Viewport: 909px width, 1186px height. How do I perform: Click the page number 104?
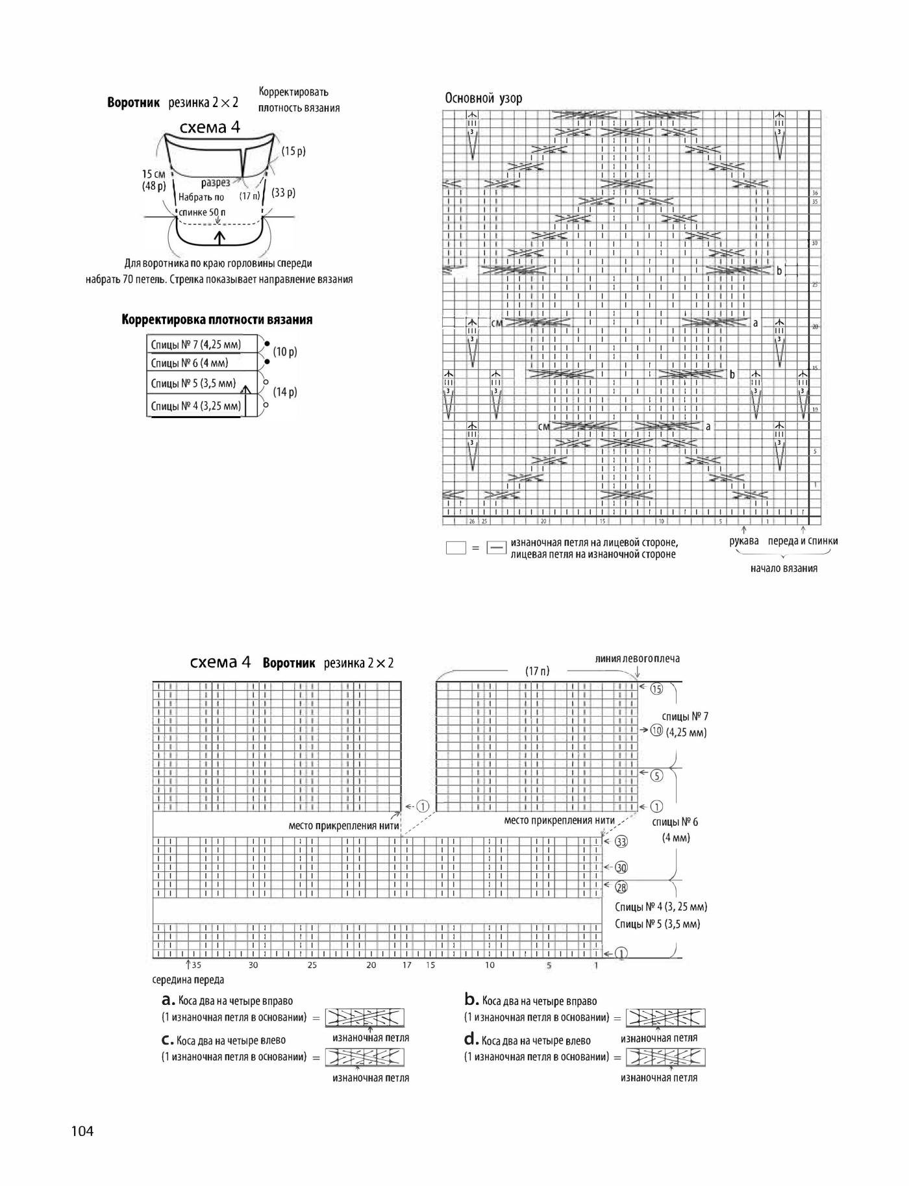[82, 1131]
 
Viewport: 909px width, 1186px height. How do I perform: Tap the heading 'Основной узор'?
[483, 99]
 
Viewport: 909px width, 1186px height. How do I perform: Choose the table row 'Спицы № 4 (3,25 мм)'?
[196, 406]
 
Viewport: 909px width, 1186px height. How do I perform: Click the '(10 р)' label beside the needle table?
[285, 352]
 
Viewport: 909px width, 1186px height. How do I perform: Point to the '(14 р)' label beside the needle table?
[285, 392]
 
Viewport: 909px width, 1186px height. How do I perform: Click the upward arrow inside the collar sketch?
[219, 238]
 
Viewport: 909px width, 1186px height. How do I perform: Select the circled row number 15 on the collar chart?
[656, 689]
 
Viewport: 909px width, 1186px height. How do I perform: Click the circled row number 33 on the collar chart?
[621, 842]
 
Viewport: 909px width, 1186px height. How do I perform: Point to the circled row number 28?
[621, 887]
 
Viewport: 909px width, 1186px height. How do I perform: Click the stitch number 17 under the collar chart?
[407, 965]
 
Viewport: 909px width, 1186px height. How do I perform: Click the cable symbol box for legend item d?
[666, 1057]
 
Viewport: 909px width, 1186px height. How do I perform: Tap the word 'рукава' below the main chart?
[744, 541]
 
